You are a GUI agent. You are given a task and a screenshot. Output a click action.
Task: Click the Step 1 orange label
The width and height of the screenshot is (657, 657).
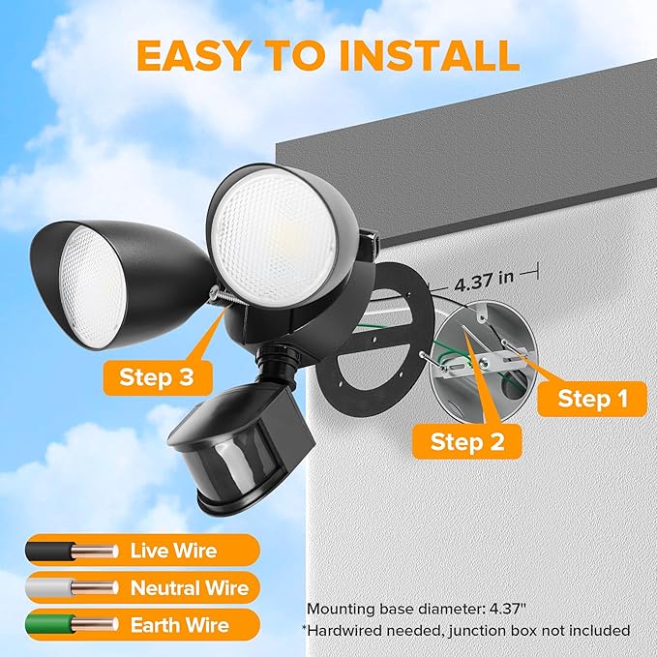point(584,399)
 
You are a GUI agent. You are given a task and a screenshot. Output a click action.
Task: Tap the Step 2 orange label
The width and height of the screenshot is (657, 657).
point(467,442)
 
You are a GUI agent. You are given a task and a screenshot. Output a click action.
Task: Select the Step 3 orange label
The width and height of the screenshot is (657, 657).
point(155,375)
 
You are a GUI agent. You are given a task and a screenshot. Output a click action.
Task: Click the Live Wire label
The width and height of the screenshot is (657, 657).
point(173,552)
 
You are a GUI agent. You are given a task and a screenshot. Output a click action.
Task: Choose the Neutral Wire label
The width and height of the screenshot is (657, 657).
point(190,588)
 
